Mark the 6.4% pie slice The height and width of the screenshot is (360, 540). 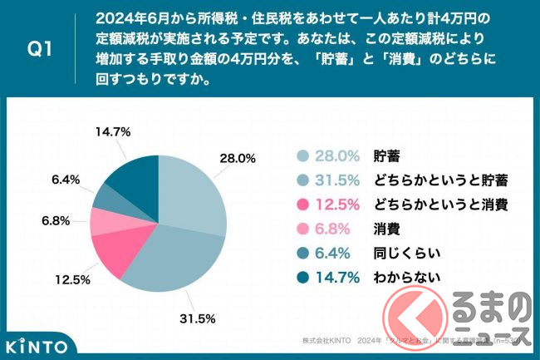109,198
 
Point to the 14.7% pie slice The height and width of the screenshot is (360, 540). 133,170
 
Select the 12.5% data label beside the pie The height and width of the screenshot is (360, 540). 72,279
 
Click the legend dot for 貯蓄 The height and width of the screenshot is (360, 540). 302,155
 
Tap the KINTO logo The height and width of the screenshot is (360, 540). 37,343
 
